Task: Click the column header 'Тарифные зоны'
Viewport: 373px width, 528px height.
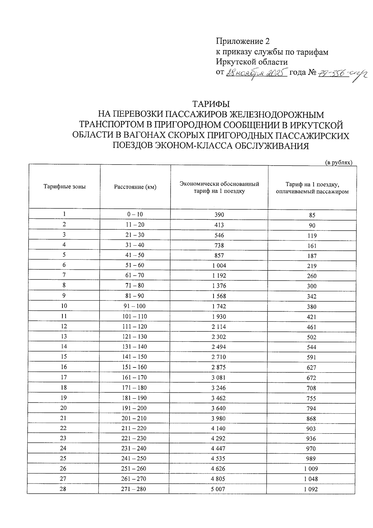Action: pos(64,187)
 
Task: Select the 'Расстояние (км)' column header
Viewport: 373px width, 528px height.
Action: pos(135,187)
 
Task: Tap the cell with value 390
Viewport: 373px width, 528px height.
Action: pos(219,215)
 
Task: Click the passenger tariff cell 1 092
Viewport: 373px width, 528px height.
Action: pos(311,489)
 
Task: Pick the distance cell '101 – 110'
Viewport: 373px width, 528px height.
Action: pos(135,316)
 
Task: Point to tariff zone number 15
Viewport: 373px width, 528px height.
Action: pos(64,357)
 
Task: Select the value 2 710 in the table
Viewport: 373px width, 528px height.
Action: pos(219,357)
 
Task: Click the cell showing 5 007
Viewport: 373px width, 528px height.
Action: pos(218,489)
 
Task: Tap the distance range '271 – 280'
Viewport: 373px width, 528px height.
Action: pos(133,489)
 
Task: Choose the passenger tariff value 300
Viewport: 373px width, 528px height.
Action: pos(311,286)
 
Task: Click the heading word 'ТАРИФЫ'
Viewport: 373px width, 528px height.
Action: pos(211,104)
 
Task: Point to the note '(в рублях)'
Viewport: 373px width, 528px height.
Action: pos(338,162)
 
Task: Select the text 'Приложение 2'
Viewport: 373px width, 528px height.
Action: pos(242,41)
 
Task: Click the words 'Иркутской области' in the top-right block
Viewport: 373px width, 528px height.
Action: pos(252,62)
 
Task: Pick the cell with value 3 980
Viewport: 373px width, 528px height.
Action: pos(219,418)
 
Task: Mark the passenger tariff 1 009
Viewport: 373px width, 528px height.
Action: pos(311,469)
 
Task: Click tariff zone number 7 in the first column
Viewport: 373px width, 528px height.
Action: pos(64,275)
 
